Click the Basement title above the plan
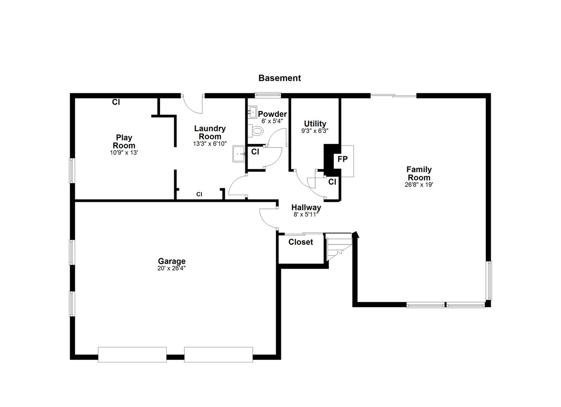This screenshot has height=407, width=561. tap(280, 78)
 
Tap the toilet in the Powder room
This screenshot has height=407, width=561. tap(256, 130)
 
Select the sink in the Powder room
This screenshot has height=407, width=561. tap(252, 112)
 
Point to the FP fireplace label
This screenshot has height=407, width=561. tap(342, 159)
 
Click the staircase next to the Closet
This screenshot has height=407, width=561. tap(339, 247)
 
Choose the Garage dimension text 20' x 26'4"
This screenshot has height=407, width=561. tap(172, 268)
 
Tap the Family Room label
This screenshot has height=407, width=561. tap(419, 173)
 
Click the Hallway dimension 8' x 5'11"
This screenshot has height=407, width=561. tap(306, 215)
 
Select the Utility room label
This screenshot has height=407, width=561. tap(315, 124)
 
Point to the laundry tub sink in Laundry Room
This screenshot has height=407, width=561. tap(239, 154)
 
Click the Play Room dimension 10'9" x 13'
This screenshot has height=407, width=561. tap(124, 153)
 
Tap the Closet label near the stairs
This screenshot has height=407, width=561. tap(301, 242)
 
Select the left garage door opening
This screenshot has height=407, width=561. tap(132, 354)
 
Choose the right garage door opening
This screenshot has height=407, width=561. tap(218, 354)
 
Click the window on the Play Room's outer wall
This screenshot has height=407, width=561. tap(72, 171)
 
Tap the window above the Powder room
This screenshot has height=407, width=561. tap(268, 95)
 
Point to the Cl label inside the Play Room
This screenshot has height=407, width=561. tap(116, 102)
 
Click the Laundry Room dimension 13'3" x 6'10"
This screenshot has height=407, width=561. tap(210, 144)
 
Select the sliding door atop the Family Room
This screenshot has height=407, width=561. tap(393, 95)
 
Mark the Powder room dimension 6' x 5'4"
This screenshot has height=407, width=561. tap(272, 121)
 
